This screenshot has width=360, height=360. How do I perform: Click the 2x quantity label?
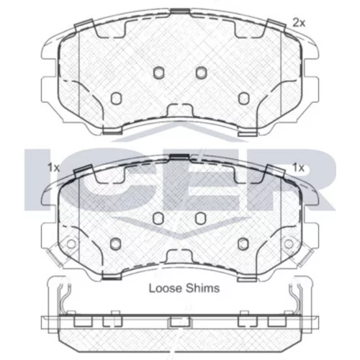coord(299,23)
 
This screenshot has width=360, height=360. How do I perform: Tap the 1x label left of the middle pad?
coord(53,168)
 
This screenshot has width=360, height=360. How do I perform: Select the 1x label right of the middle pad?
coord(298,168)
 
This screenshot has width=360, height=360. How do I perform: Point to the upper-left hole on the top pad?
coord(158,72)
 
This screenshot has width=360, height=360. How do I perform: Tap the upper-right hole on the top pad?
coord(201,72)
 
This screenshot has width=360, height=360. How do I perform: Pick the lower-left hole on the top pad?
coord(116,98)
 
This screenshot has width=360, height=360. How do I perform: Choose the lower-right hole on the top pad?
coord(243,98)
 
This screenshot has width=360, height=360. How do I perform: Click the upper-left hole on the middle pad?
coord(158,218)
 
